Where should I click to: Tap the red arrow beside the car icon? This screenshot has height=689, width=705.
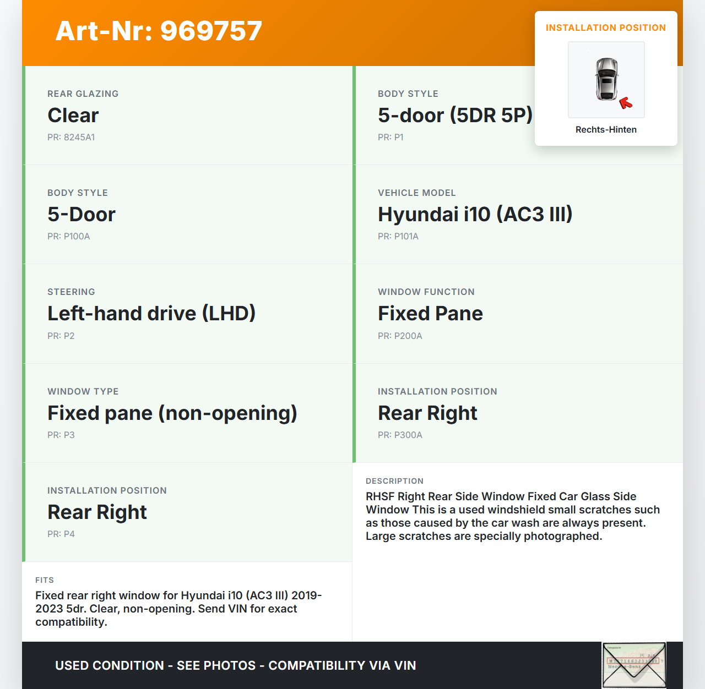(x=626, y=103)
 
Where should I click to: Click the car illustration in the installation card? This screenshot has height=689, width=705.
(x=606, y=79)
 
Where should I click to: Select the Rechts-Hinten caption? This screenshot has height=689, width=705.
(x=606, y=130)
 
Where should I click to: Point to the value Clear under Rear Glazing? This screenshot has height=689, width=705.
(x=73, y=116)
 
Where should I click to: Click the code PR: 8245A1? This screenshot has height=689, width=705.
(x=71, y=138)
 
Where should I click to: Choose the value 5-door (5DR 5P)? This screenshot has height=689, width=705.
(x=455, y=116)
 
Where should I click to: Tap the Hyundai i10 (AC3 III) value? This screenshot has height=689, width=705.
(x=475, y=215)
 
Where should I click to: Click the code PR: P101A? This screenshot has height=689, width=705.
(x=398, y=237)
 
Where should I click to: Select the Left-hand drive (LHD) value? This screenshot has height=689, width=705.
(x=151, y=314)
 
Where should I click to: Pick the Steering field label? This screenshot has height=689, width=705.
(x=71, y=292)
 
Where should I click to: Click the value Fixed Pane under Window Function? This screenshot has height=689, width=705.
(x=430, y=314)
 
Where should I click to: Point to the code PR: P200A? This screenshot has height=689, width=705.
(x=400, y=336)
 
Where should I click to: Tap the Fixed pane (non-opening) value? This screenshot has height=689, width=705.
(x=172, y=413)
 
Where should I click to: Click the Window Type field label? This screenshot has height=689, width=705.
(x=83, y=392)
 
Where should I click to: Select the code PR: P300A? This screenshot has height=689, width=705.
(x=400, y=435)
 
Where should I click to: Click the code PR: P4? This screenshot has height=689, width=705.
(x=61, y=534)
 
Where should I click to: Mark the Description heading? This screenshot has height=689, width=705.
(x=394, y=482)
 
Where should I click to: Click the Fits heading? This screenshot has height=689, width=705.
(x=45, y=581)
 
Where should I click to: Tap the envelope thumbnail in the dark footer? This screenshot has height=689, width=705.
(x=634, y=665)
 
